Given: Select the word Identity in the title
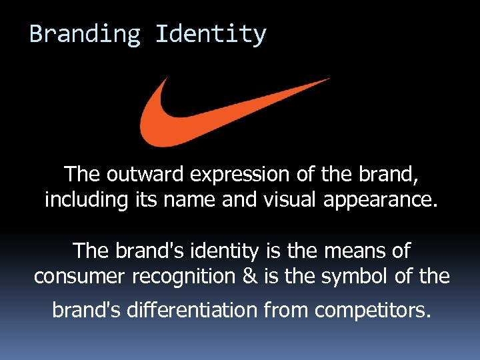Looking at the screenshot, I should [211, 33].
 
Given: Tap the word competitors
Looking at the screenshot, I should [372, 310].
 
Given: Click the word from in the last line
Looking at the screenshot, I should [295, 309].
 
